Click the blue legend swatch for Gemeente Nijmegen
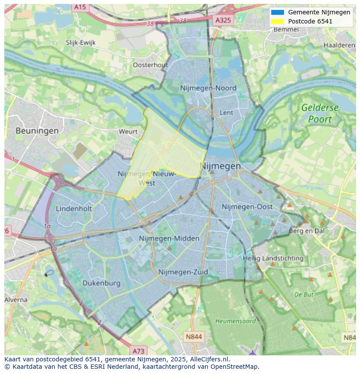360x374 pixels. (277, 12)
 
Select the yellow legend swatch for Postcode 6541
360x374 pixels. (277, 21)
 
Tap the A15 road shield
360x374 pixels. (80, 7)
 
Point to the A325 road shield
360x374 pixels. (224, 20)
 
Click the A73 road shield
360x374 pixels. (138, 351)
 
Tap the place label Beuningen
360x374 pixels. (37, 130)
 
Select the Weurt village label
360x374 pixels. (128, 131)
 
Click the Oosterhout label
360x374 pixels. (150, 65)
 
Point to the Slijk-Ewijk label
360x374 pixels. (80, 43)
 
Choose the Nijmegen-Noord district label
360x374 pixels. (208, 88)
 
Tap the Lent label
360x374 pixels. (227, 113)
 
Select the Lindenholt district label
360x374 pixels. (74, 209)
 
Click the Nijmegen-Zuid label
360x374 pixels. (183, 272)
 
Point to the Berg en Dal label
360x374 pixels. (307, 231)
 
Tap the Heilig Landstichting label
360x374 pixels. (273, 258)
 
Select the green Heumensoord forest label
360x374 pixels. (236, 321)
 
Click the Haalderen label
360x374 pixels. (339, 45)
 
